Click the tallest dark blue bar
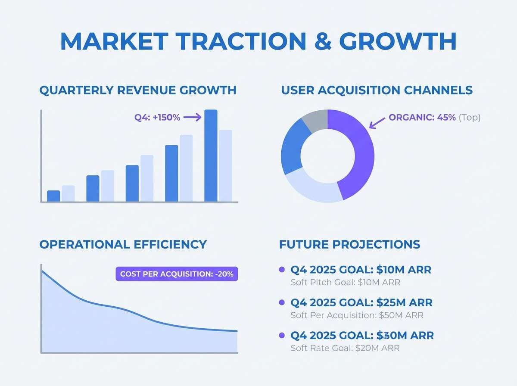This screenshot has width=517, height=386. pos(211,156)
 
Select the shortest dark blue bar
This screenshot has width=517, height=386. pos(53,196)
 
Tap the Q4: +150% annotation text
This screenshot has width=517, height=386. pos(157,117)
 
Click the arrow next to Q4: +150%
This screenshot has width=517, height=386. pos(193,117)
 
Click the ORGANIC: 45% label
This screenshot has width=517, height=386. pos(422,117)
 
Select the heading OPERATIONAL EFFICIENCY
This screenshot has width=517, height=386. pos(123,245)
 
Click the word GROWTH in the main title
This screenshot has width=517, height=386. pos(397,41)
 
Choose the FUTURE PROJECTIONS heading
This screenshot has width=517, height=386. pos(349,245)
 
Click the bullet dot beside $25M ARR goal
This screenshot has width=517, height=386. pos(282,302)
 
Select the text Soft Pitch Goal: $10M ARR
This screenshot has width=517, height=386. pos(346,283)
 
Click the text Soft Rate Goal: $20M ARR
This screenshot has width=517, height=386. pos(345,348)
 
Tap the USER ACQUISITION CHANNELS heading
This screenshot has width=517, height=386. pos(377,90)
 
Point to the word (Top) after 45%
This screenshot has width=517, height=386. pos(470,117)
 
